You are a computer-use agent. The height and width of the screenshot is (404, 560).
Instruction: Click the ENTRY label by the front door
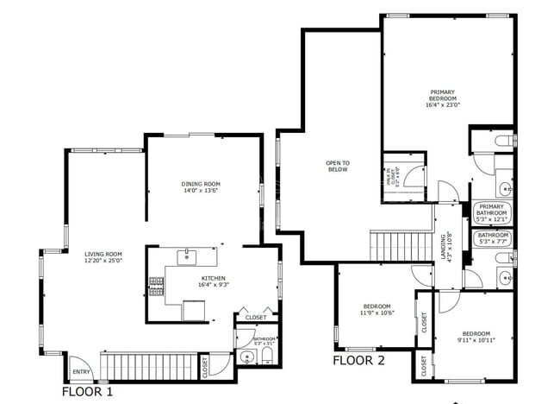[x=81, y=372]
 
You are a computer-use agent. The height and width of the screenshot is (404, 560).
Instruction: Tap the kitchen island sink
[x=187, y=256]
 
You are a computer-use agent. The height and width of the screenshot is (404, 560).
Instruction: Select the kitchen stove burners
[x=157, y=286]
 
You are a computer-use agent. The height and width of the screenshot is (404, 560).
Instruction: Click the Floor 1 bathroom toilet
[x=266, y=356]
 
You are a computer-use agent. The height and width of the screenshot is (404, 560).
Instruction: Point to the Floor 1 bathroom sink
[x=246, y=357]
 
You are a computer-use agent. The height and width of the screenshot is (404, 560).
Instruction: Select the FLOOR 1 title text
[x=87, y=392]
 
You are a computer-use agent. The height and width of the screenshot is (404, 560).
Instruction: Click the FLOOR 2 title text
[x=358, y=360]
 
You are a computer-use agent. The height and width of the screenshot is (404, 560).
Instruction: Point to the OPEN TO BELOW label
[x=338, y=166]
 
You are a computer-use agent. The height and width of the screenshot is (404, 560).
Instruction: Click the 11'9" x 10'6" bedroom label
[x=377, y=310]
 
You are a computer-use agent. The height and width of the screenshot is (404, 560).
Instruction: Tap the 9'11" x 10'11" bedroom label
[x=475, y=337]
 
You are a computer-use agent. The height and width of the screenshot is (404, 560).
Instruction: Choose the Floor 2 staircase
[x=401, y=243]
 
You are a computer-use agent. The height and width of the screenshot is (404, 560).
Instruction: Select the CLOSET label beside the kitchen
[x=256, y=318]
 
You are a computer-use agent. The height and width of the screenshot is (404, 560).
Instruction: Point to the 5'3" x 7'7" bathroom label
[x=494, y=238]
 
